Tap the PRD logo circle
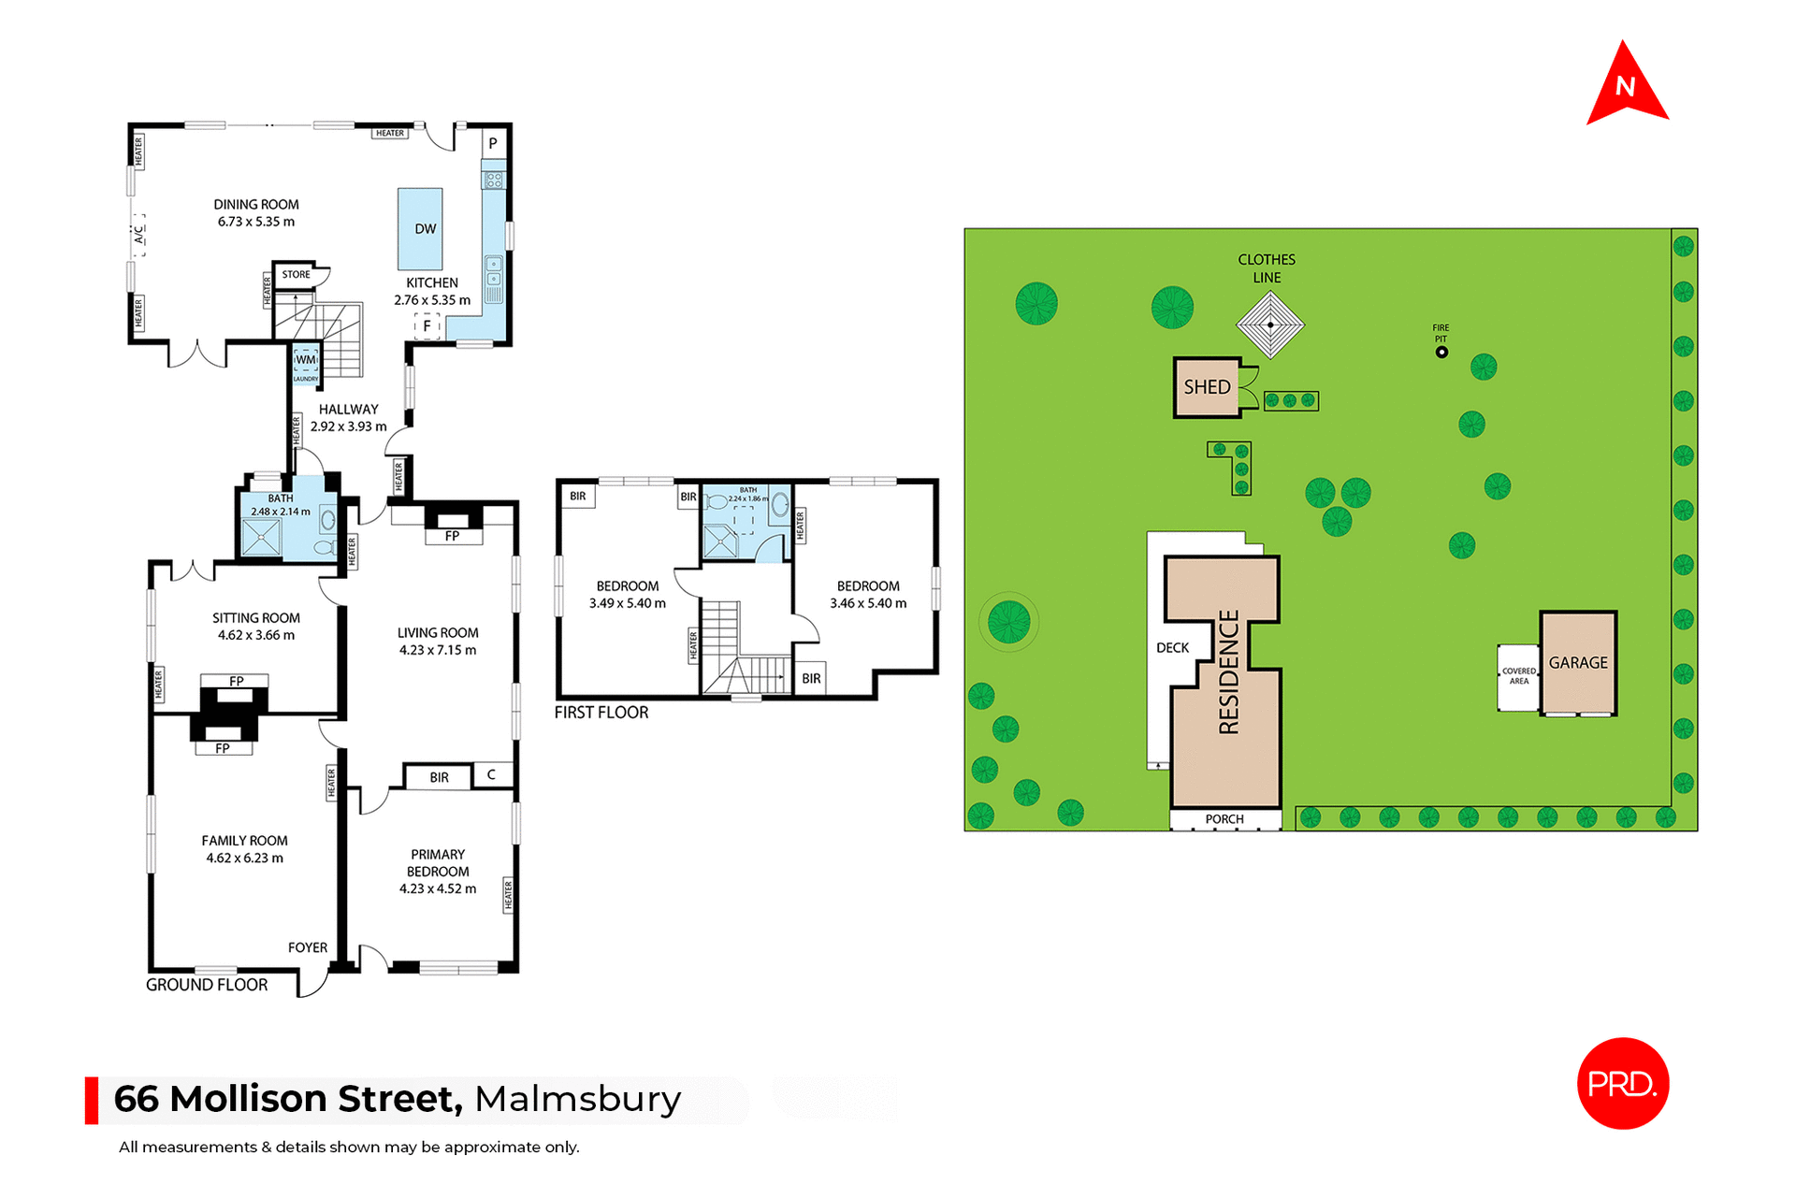tap(1623, 1083)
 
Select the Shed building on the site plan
tap(1207, 387)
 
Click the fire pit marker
tap(1441, 353)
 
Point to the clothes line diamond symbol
tap(1269, 325)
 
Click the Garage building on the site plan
tap(1578, 663)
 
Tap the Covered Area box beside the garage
tap(1518, 676)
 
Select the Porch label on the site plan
tap(1224, 819)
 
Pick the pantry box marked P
tap(493, 143)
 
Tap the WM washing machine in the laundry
tap(306, 360)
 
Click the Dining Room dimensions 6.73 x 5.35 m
tap(256, 222)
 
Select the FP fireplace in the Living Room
tap(453, 536)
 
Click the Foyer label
tap(308, 947)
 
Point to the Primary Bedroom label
tap(438, 863)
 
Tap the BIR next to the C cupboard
tap(439, 777)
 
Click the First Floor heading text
tap(601, 713)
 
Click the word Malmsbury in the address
tap(577, 1099)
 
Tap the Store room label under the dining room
tap(296, 274)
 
